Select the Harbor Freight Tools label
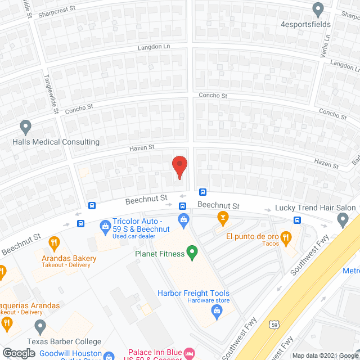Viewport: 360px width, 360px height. (x=193, y=292)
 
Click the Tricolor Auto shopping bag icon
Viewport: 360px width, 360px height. (x=105, y=227)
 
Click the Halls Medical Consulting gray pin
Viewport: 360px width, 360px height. (x=25, y=127)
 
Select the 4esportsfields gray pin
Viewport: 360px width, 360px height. (x=318, y=9)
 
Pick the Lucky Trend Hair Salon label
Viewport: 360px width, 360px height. (x=315, y=208)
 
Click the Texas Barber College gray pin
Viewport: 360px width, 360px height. (x=40, y=326)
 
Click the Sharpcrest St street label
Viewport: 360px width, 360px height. (x=60, y=10)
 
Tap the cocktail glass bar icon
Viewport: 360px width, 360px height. (x=222, y=217)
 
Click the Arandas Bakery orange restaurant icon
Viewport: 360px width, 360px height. (x=54, y=244)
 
